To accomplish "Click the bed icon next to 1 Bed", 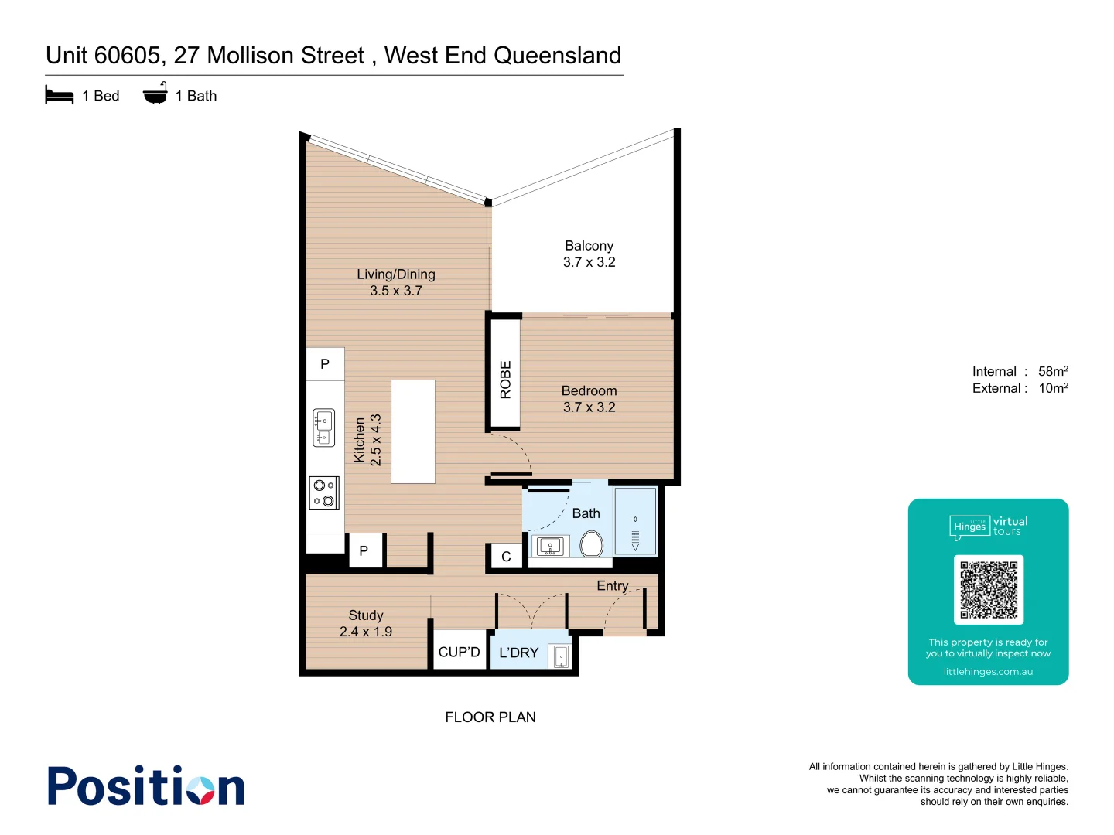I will coord(60,96).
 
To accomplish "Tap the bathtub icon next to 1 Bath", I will coord(155,94).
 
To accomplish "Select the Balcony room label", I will coord(589,246).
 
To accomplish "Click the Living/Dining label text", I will coord(396,274).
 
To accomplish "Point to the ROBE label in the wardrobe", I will coord(505,380).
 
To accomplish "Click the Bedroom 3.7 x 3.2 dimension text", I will coord(589,407).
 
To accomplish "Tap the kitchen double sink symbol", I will coord(323,428).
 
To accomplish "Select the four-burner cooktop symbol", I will coord(324,492).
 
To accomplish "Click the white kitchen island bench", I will coord(413,431).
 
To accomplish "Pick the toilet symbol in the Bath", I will coord(592,544).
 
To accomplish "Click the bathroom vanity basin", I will coord(551,547).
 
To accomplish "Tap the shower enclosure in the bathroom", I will coord(635,521).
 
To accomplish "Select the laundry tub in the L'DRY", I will coord(561,656).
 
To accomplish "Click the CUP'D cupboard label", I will coord(459,653).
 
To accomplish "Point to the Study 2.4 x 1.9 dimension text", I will coord(366,632).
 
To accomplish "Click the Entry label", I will coord(613,586).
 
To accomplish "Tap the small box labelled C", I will coord(506,557).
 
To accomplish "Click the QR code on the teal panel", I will coord(989,589).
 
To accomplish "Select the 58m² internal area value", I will coord(1053,372).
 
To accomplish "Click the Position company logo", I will coord(146,787).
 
